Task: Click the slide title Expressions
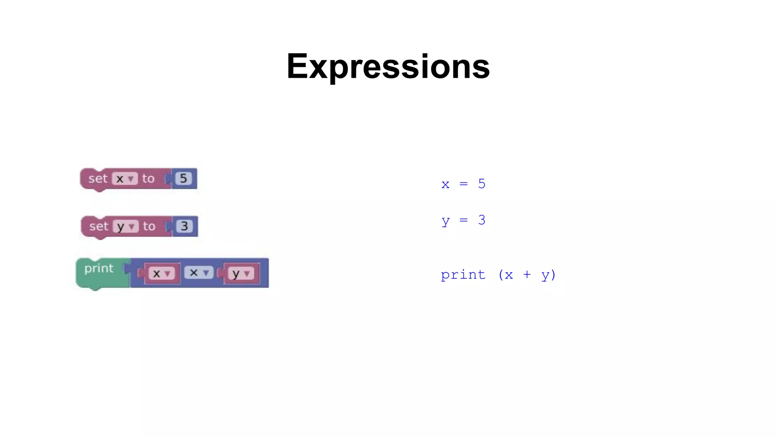[x=388, y=67]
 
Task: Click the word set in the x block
[x=98, y=178]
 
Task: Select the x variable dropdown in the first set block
[x=124, y=179]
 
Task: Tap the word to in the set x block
[x=148, y=178]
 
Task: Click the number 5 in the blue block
[x=184, y=178]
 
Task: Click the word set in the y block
[x=99, y=226]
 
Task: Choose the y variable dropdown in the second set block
[x=126, y=226]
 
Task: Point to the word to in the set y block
[x=149, y=226]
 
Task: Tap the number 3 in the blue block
[x=184, y=226]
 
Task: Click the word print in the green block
[x=99, y=268]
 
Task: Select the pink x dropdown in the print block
[x=161, y=273]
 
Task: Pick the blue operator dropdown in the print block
[x=198, y=272]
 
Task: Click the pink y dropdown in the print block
[x=241, y=273]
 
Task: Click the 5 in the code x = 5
[x=481, y=184]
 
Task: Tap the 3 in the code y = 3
[x=481, y=220]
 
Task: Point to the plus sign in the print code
[x=527, y=275]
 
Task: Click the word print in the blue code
[x=463, y=275]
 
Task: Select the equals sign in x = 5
[x=463, y=184]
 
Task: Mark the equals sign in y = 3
[x=463, y=220]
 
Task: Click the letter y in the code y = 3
[x=445, y=221]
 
